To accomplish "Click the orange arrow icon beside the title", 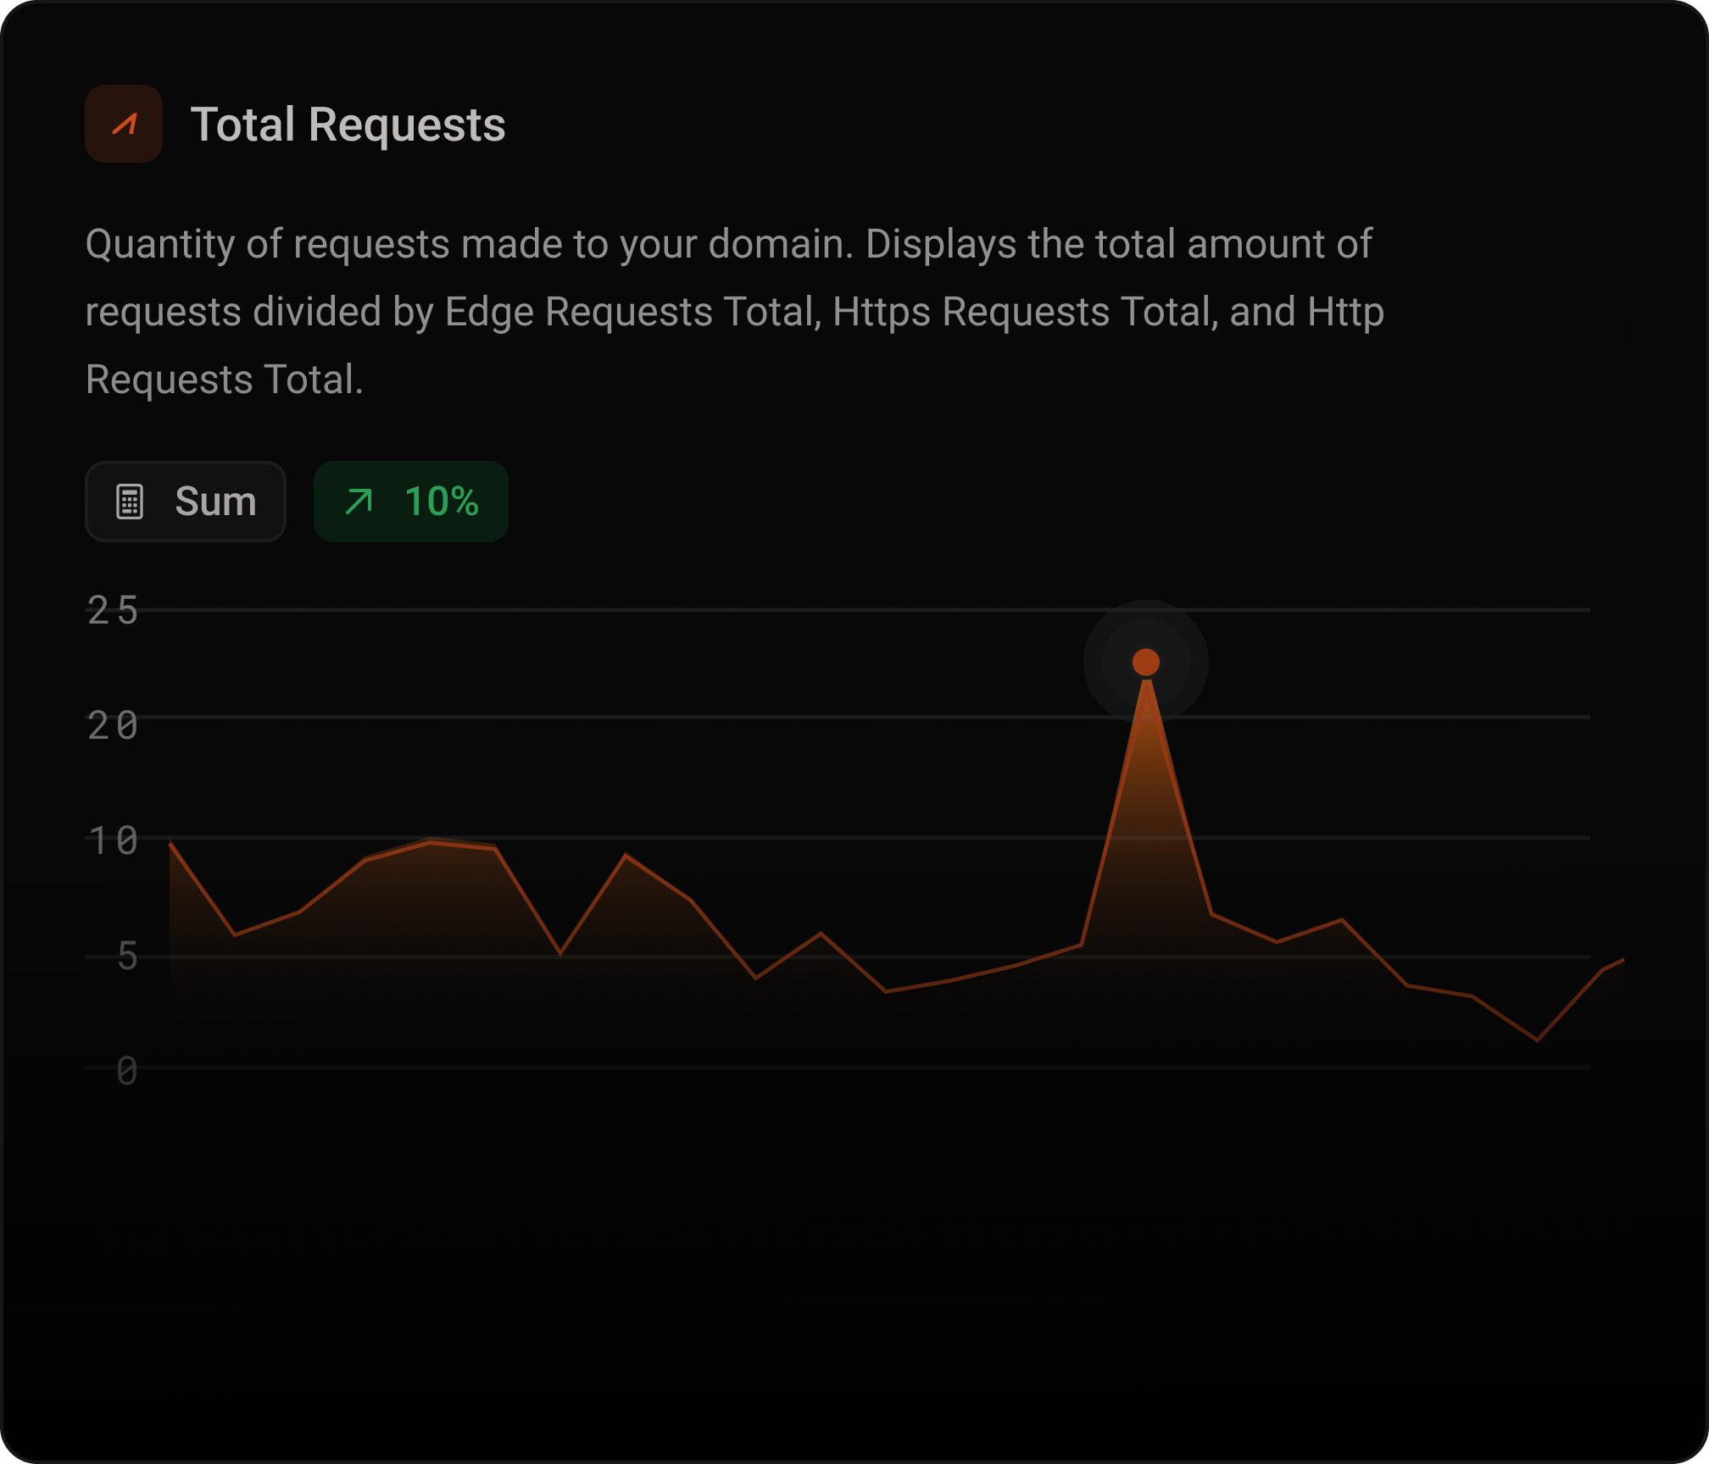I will (124, 124).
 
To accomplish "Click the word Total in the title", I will (242, 125).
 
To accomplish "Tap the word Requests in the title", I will (407, 125).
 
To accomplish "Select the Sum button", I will (186, 502).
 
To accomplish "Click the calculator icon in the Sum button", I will (130, 502).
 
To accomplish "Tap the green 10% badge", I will (411, 502).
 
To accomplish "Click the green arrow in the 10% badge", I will (359, 502).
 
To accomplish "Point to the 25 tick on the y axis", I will (113, 610).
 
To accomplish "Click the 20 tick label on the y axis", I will (113, 726).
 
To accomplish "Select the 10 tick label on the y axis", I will (113, 841).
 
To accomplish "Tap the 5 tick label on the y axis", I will (127, 957).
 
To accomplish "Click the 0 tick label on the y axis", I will (127, 1072).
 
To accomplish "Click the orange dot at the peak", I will (1146, 663).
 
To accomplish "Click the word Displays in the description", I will (940, 244).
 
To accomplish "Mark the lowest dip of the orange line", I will (1537, 1040).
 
